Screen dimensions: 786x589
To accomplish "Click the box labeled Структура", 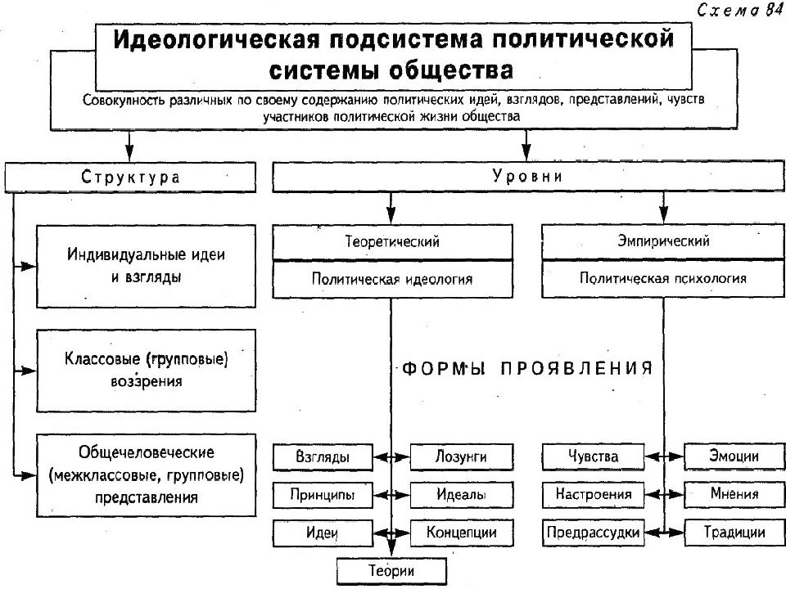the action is click(130, 177).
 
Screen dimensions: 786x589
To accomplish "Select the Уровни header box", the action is click(528, 177).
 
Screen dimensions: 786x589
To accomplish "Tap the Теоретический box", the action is click(392, 242).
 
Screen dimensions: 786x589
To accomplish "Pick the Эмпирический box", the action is click(663, 241).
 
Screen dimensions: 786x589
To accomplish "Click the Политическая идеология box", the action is click(392, 279).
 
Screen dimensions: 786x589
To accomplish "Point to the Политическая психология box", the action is click(663, 278).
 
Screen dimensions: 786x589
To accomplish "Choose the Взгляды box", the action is click(323, 456).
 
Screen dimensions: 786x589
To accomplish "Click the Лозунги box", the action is click(462, 456).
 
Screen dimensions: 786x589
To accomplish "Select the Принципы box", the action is click(323, 495).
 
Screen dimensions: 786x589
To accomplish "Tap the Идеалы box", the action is click(462, 495).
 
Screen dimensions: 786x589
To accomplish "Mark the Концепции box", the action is click(462, 533).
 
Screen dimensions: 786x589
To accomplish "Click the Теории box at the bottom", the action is click(391, 571).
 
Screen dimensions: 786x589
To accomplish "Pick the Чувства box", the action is click(593, 456).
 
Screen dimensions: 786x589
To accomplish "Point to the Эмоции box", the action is click(734, 456).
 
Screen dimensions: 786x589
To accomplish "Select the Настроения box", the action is click(593, 494).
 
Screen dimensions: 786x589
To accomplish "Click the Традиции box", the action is click(734, 532).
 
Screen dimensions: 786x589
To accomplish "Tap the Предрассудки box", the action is click(593, 532).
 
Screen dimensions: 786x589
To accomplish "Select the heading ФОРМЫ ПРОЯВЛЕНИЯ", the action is click(527, 369).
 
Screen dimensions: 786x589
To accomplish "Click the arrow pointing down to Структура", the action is click(130, 146).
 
